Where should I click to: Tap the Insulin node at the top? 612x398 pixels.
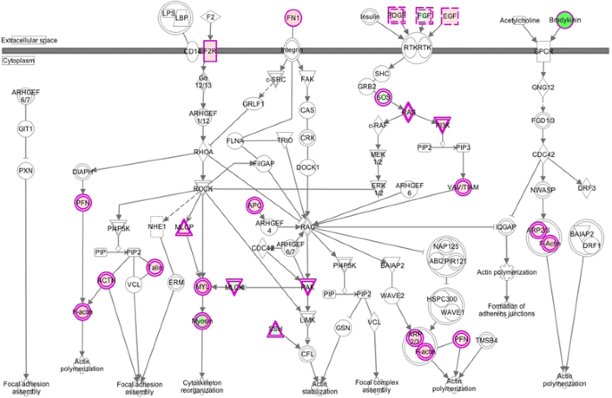tap(370, 16)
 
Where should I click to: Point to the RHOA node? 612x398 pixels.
tap(204, 151)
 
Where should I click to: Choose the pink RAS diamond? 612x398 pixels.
tap(408, 112)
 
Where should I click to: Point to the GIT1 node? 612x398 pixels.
tap(25, 129)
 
